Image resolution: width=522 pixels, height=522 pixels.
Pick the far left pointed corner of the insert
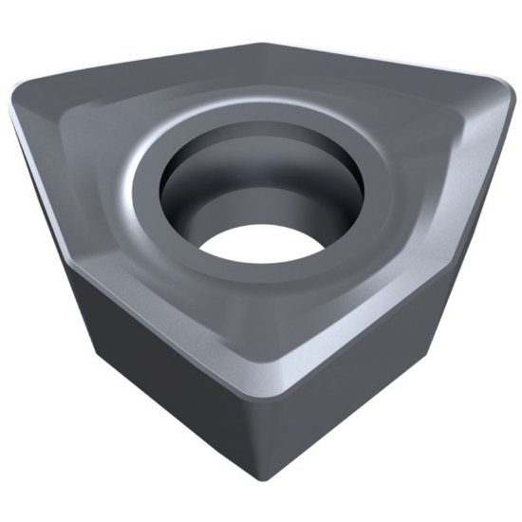coord(15,100)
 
